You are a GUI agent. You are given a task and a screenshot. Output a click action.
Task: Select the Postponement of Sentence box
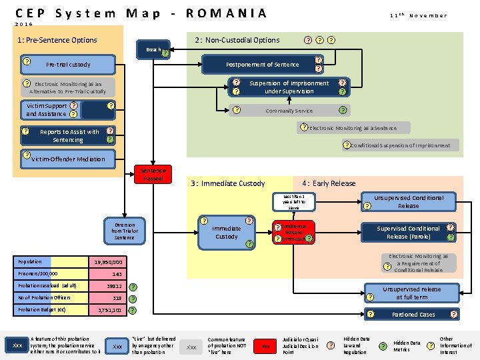click(262, 65)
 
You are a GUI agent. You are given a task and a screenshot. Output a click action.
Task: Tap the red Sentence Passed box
click(153, 174)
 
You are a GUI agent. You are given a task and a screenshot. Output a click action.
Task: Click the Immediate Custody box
click(226, 233)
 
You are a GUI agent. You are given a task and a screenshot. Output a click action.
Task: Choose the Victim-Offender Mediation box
click(67, 159)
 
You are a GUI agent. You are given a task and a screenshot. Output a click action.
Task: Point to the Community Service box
click(289, 111)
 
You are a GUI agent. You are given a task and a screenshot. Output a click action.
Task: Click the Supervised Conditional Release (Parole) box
click(408, 233)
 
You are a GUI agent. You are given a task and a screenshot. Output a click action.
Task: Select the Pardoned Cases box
click(413, 314)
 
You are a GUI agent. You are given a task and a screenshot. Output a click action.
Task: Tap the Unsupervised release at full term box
click(411, 293)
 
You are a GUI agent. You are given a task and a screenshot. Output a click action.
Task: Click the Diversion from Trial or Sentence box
click(124, 232)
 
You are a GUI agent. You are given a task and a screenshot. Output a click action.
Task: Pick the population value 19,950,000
click(107, 263)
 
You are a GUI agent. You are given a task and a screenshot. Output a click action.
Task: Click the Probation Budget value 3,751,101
click(107, 311)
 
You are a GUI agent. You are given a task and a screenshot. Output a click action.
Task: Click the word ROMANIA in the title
click(226, 13)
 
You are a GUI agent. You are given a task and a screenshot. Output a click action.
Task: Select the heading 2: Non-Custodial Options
click(237, 40)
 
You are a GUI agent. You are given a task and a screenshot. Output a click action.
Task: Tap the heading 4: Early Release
click(329, 183)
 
